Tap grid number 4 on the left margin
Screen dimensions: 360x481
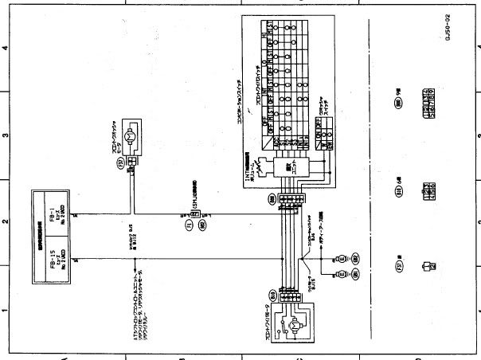[x=6, y=47]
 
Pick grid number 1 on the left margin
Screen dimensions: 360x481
[x=6, y=311]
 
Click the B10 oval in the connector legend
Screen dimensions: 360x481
[x=399, y=191]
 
